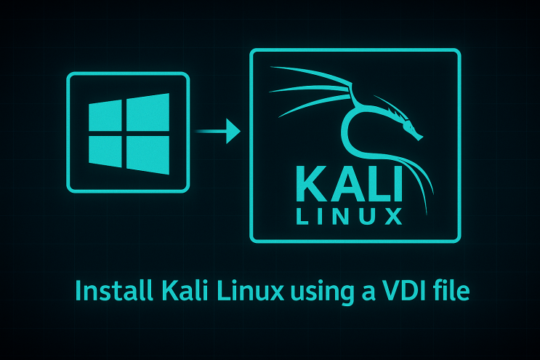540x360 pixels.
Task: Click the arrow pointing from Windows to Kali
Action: tap(217, 131)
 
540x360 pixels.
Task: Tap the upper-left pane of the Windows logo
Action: tap(105, 116)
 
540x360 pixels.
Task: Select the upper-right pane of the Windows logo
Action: tap(148, 112)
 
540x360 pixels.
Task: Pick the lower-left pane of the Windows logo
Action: tap(105, 151)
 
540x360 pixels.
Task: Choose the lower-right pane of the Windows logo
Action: tap(148, 155)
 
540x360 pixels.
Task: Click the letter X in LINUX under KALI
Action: tap(393, 216)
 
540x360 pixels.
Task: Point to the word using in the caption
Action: tap(322, 294)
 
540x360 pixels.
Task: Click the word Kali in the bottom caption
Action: tap(185, 290)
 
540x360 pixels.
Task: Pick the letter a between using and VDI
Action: tap(368, 294)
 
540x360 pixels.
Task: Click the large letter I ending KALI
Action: tap(398, 184)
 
